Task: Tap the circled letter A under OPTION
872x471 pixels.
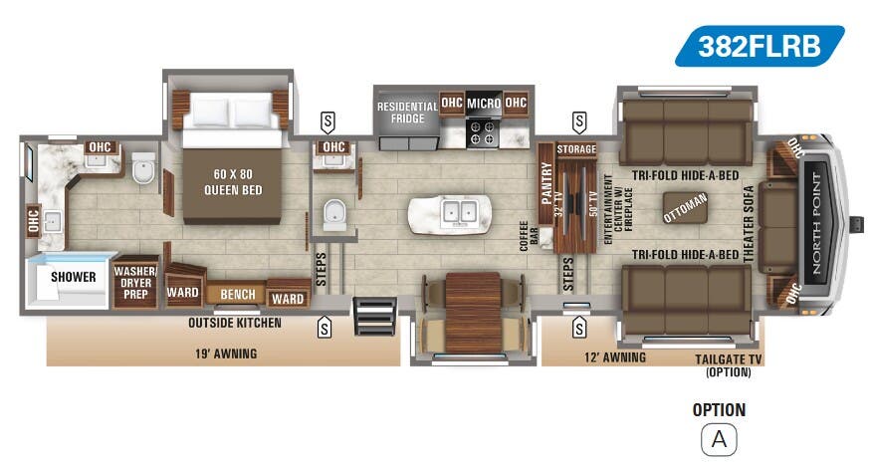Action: (718, 438)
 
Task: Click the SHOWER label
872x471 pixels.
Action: (74, 276)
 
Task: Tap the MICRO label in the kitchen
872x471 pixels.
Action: (484, 103)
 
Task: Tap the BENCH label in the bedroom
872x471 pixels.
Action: (237, 295)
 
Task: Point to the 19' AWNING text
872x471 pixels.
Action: (225, 353)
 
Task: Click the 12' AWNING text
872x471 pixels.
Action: (616, 357)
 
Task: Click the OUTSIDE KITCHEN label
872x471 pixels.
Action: (235, 323)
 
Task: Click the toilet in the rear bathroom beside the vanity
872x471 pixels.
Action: (143, 170)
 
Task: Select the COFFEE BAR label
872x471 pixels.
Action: (528, 231)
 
